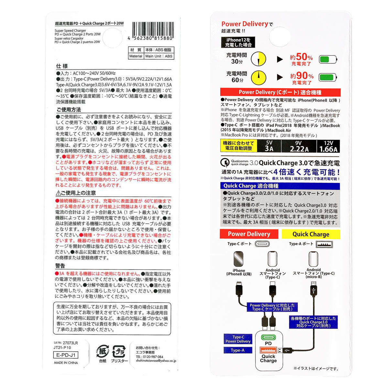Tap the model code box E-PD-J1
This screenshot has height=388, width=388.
tap(66, 355)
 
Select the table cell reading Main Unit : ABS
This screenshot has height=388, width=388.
tap(159, 56)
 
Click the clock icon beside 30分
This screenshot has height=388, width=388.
tap(258, 59)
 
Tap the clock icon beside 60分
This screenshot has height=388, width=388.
tap(258, 78)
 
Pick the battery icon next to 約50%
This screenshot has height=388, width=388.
tap(328, 59)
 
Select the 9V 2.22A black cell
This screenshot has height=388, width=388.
tap(299, 146)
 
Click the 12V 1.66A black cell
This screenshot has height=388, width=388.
tap(329, 146)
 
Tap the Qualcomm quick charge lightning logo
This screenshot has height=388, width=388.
tap(225, 162)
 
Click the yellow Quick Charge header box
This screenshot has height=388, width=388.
tap(311, 234)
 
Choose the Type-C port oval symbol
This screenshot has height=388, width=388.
tap(262, 244)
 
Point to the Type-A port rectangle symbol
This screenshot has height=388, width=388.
tap(324, 244)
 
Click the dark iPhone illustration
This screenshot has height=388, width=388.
tap(238, 259)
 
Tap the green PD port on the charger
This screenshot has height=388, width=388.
tap(268, 337)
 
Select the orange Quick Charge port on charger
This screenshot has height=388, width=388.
tap(268, 350)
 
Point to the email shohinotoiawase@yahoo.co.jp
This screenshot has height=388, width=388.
tap(156, 361)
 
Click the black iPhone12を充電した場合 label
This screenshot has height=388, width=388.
tap(238, 42)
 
